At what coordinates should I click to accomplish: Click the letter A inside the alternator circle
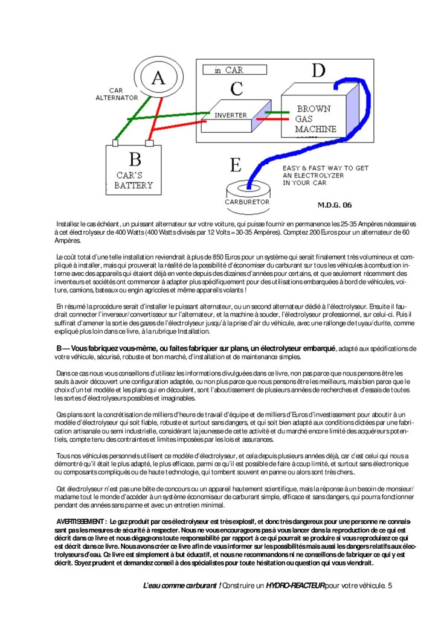click(x=157, y=78)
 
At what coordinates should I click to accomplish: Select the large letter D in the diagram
click(x=318, y=71)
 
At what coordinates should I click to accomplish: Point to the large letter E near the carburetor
click(x=237, y=164)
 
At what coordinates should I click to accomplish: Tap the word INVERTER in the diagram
click(x=230, y=115)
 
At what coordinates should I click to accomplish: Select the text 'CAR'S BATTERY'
click(x=134, y=180)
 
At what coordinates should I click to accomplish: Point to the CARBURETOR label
click(x=246, y=202)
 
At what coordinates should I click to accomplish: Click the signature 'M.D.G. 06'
click(x=334, y=205)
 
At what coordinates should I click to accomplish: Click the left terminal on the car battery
click(x=115, y=144)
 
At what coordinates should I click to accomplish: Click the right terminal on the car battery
click(x=149, y=144)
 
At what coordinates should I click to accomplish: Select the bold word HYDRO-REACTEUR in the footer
click(x=294, y=586)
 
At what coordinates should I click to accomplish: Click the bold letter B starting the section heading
click(x=59, y=348)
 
